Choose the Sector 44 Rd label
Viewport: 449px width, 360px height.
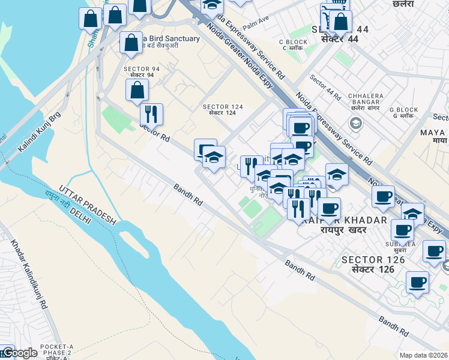coord(325,88)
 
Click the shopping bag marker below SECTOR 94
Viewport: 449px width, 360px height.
coord(137,91)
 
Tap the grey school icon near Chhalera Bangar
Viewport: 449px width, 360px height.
coord(356,124)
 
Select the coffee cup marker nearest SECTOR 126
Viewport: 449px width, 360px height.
coord(402,230)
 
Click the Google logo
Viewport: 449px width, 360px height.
coord(19,353)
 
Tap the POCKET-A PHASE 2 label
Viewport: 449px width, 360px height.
coord(56,350)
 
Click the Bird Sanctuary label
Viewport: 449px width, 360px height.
coord(170,38)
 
